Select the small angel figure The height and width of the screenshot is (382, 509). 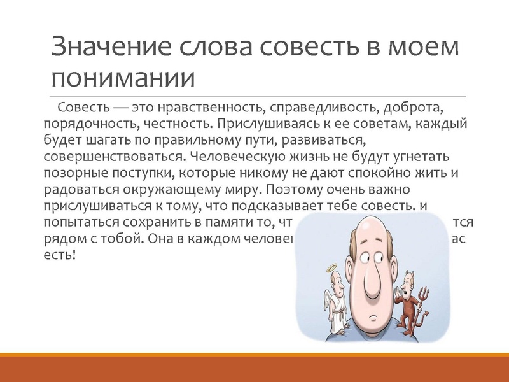[331, 299]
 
